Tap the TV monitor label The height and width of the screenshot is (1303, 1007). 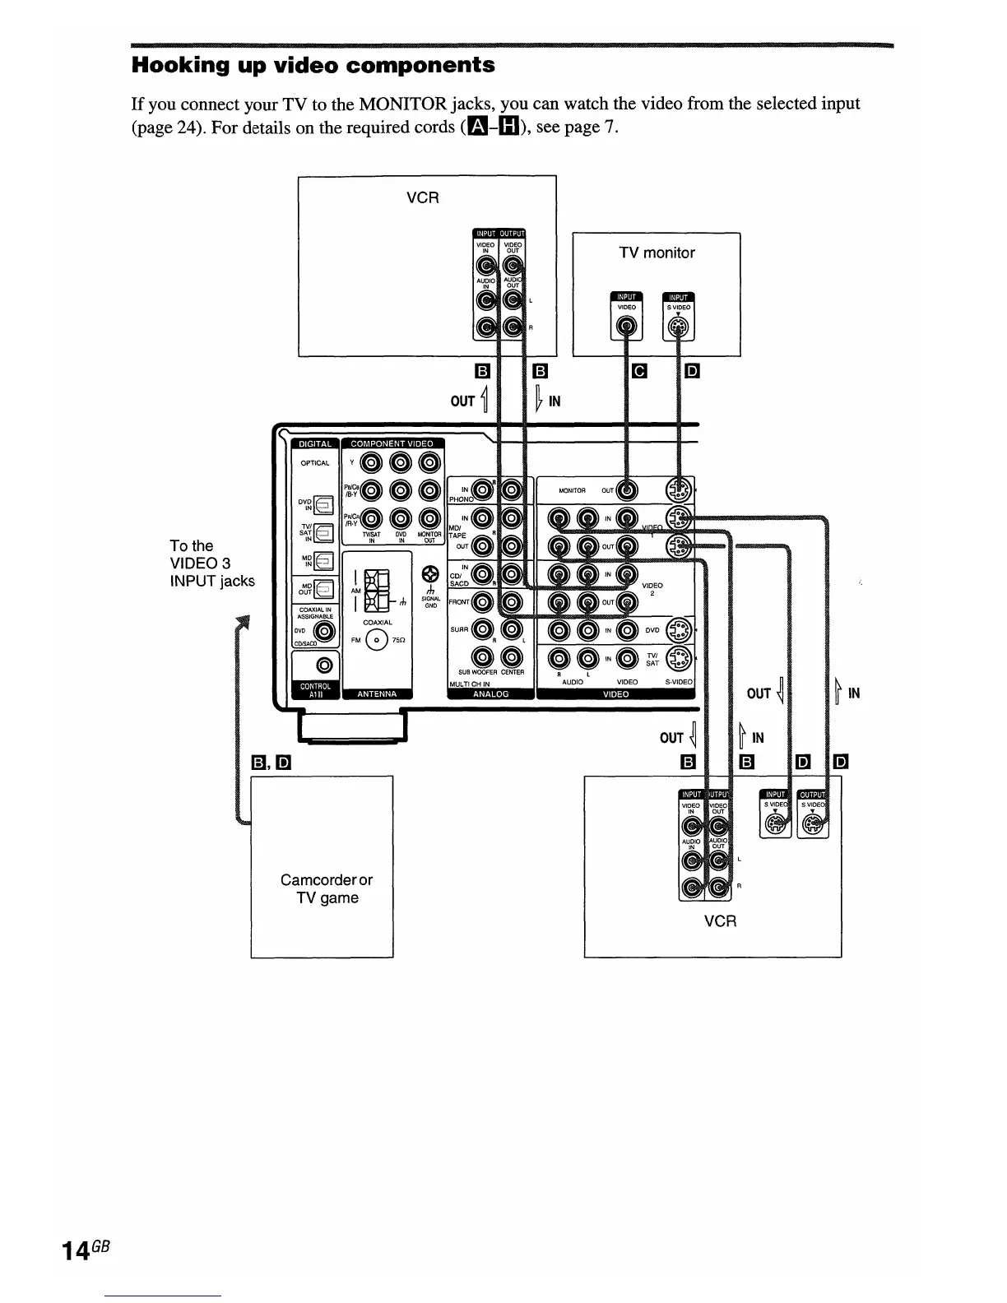point(657,253)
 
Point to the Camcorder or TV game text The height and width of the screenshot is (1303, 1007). point(327,889)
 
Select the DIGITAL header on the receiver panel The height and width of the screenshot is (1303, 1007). point(314,444)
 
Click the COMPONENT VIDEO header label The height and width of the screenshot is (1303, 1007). point(392,444)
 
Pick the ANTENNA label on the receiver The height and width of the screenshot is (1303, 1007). point(377,693)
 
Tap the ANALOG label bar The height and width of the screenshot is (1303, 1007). point(490,693)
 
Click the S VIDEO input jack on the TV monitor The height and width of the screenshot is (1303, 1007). point(679,328)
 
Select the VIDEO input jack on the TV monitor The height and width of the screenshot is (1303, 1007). point(627,328)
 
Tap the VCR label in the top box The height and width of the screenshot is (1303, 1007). point(423,198)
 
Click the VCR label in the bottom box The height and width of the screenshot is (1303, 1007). point(720,921)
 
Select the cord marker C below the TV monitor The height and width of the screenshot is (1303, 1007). point(638,371)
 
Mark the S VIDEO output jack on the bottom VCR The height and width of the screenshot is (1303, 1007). point(812,823)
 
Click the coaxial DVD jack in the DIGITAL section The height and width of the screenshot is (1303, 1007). point(324,632)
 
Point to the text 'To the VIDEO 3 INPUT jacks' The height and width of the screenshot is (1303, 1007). point(211,563)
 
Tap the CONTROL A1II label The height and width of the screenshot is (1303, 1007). point(315,689)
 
